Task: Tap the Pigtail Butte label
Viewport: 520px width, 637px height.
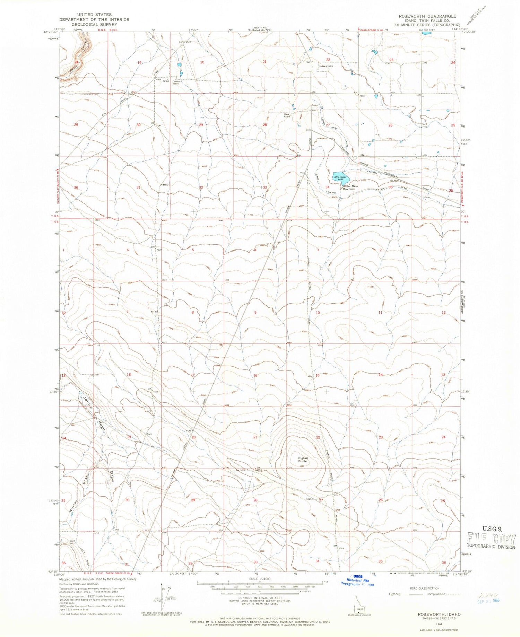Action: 303,460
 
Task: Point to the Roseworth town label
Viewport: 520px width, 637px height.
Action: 326,66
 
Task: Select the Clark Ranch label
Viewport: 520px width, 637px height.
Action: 287,116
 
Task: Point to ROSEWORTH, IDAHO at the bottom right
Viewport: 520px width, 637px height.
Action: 435,613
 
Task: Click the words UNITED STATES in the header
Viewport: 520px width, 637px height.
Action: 94,15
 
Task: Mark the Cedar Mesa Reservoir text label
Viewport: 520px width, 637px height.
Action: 350,188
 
